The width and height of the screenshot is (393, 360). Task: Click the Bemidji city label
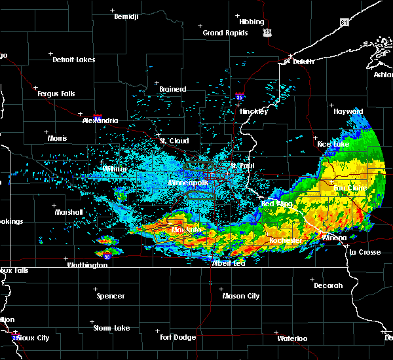point(127,16)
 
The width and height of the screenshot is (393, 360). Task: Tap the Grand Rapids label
point(225,33)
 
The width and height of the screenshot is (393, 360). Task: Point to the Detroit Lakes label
point(73,60)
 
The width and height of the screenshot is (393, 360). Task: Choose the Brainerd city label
point(172,89)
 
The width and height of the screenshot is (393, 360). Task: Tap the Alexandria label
point(100,120)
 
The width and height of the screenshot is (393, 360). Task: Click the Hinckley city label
point(253,111)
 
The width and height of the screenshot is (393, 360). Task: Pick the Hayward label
point(348,112)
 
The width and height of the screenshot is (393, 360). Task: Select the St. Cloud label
point(174,141)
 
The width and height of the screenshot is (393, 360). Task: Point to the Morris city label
point(57,138)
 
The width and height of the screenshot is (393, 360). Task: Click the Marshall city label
point(68,212)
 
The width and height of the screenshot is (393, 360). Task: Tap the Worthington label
point(86,265)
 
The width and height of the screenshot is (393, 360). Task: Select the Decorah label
point(328,285)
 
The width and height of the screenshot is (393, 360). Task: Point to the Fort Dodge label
point(178,337)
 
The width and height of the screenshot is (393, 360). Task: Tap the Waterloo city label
point(291,338)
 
